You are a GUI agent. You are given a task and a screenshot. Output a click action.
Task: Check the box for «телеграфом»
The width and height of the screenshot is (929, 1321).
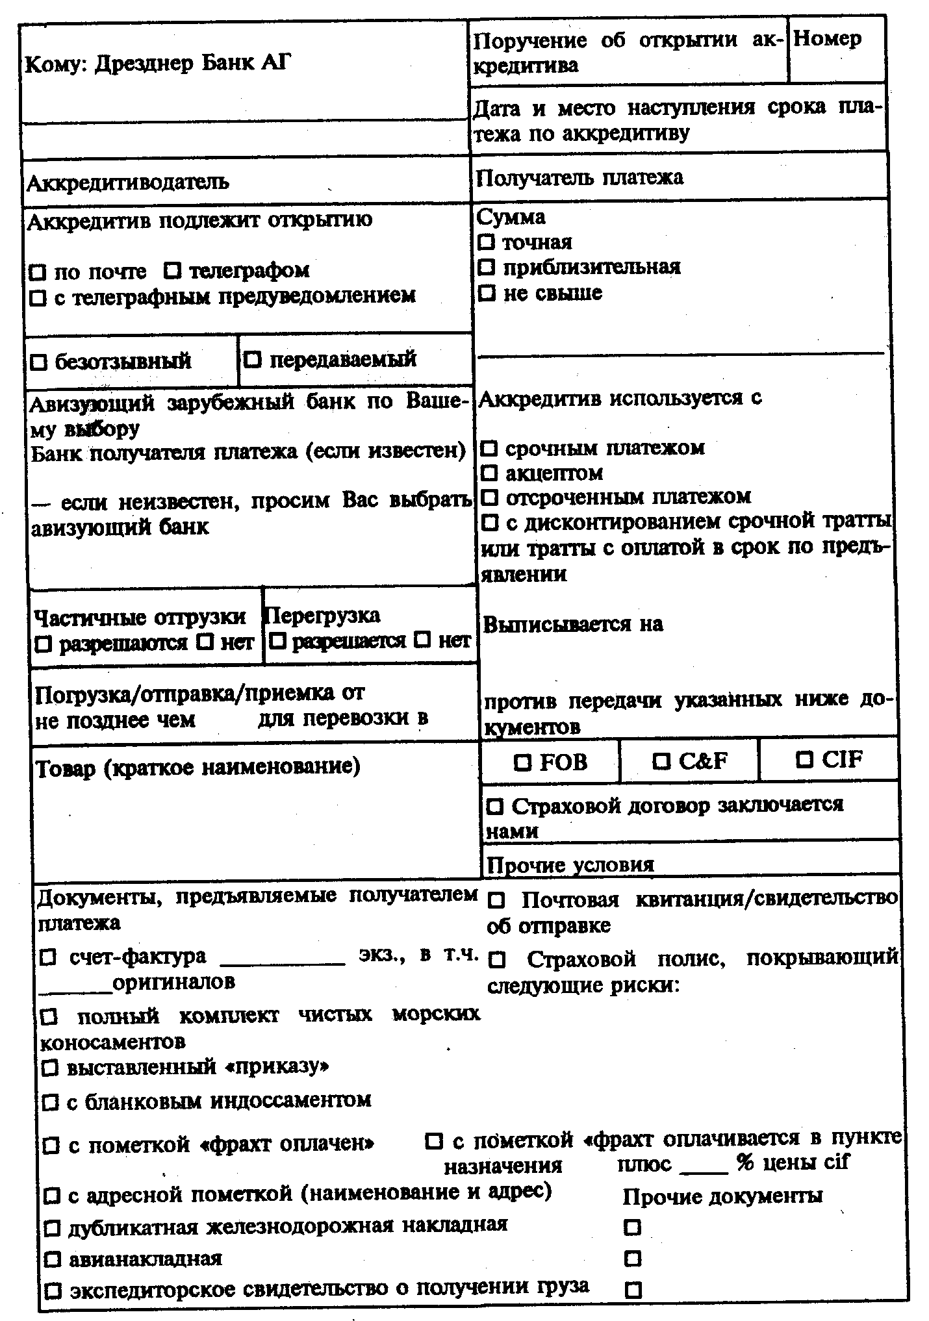173,270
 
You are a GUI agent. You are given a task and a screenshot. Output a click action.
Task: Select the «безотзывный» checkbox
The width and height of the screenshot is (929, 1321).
39,362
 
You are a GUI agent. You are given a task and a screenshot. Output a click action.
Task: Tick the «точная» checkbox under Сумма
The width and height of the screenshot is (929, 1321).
486,243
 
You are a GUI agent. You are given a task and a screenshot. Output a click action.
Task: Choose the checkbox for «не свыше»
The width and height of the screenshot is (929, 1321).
487,293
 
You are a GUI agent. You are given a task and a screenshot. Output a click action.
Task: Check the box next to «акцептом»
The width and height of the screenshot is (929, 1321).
490,473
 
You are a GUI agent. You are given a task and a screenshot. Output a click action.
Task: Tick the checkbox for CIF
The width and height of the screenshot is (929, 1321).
806,759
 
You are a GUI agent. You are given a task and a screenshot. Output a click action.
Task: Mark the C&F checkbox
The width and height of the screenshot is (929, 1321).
661,761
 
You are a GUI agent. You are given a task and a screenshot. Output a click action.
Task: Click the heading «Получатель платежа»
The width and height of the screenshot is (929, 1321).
579,177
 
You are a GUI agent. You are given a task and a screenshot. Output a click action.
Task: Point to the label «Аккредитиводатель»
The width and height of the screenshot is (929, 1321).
127,182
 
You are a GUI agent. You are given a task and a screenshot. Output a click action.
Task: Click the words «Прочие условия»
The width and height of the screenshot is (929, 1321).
570,865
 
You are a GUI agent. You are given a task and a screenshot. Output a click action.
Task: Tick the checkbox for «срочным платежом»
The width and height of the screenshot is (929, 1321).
490,449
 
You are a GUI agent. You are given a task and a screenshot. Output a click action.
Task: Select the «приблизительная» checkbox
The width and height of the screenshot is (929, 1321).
487,268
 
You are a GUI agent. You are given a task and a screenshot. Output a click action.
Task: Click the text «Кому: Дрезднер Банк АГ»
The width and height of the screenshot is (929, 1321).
158,64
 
